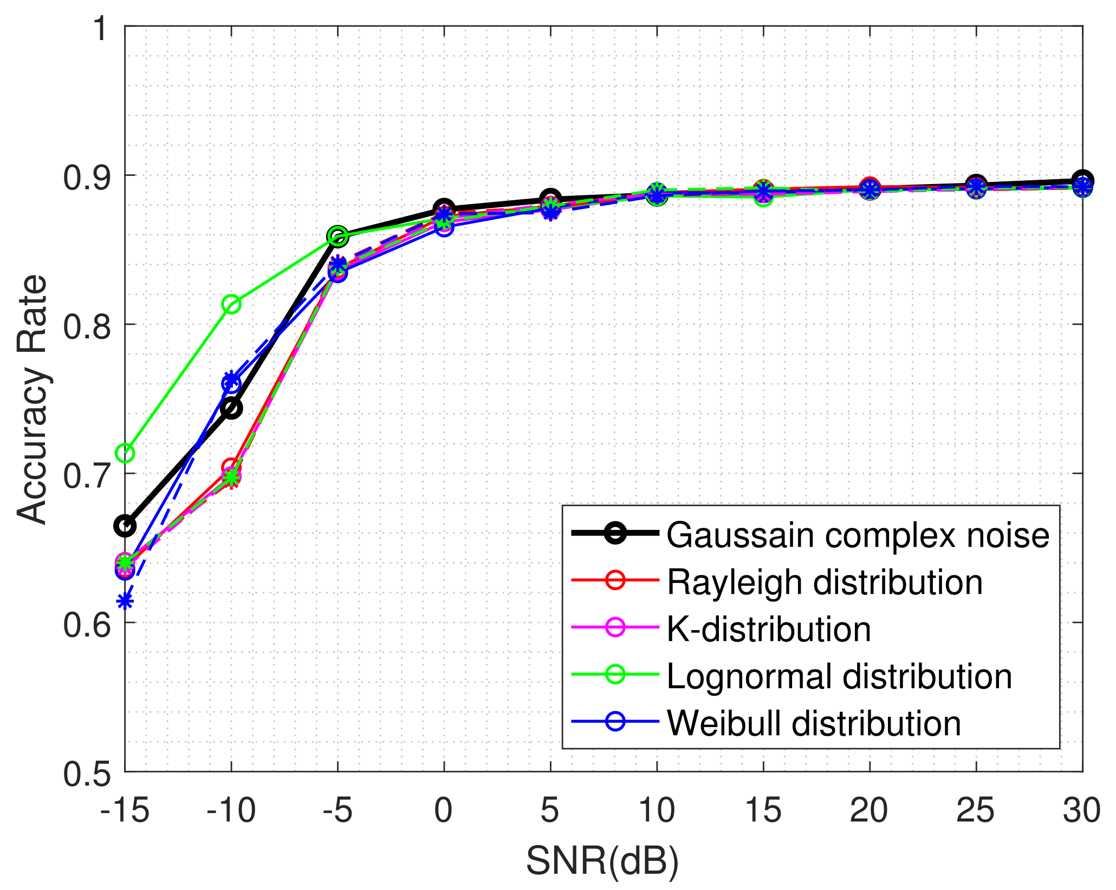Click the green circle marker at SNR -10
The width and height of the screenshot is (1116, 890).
(x=231, y=305)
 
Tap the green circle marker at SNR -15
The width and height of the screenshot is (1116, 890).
(x=125, y=453)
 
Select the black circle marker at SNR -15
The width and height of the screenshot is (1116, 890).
(x=125, y=526)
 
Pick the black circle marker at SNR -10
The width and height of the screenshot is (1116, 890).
(x=231, y=408)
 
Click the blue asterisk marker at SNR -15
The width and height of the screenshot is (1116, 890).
(x=125, y=601)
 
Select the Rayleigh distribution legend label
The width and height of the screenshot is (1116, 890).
(x=824, y=582)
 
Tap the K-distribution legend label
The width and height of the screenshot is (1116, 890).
(x=768, y=629)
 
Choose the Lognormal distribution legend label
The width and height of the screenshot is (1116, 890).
(x=839, y=676)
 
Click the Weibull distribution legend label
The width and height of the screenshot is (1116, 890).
(x=814, y=723)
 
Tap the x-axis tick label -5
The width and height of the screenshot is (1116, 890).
(x=337, y=811)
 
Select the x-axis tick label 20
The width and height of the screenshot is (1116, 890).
(x=868, y=811)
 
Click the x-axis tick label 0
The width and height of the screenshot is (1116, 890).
(x=443, y=811)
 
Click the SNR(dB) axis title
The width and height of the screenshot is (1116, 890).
(x=602, y=861)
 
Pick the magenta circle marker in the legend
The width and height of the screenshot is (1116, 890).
(x=615, y=627)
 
